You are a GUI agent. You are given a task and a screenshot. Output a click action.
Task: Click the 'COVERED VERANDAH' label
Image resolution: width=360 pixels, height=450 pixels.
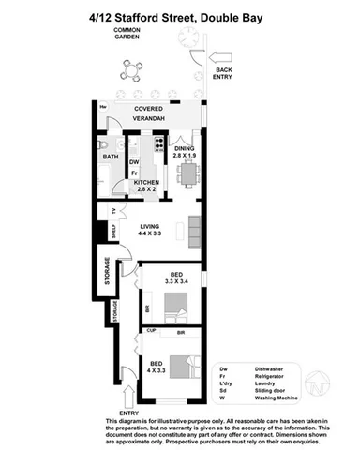click(x=148, y=114)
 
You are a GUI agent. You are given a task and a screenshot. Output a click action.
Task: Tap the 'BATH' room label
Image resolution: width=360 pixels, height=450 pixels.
click(x=111, y=157)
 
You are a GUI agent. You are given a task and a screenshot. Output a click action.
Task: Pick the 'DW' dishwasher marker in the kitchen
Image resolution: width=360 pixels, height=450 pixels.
click(x=133, y=161)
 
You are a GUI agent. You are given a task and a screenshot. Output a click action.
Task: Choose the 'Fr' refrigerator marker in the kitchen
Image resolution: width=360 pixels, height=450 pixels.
click(x=134, y=172)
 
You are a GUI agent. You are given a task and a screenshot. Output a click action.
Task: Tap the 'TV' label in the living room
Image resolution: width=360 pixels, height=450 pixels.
click(x=114, y=211)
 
